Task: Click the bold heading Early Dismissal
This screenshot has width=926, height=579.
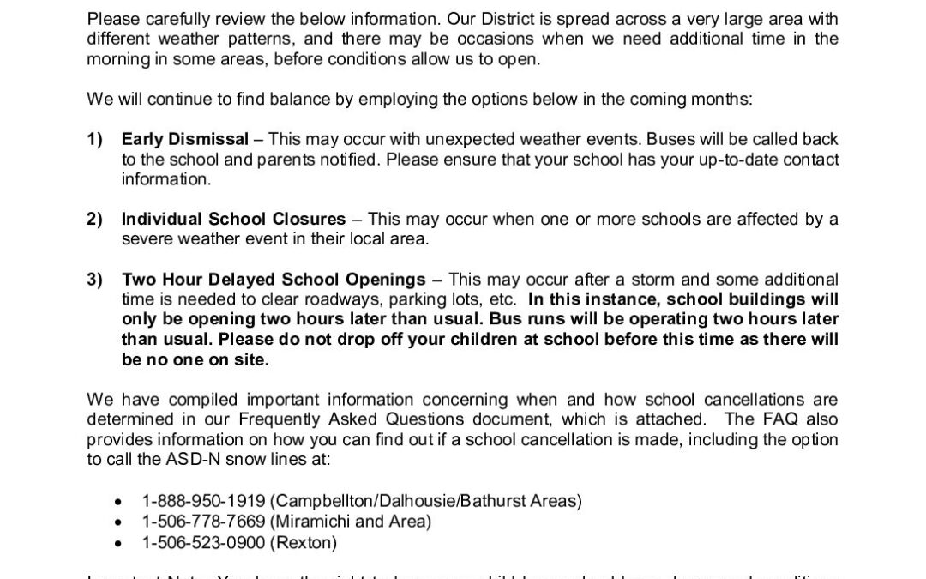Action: tap(185, 139)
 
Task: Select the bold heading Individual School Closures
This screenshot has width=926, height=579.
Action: tap(233, 219)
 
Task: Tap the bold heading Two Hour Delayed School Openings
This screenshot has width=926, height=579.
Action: tap(274, 280)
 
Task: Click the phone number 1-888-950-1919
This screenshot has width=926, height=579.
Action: tap(193, 500)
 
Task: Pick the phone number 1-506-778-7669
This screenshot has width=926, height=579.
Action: tap(193, 521)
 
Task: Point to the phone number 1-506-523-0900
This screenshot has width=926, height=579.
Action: tap(193, 542)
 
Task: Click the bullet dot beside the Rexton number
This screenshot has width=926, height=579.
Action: tap(119, 543)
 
